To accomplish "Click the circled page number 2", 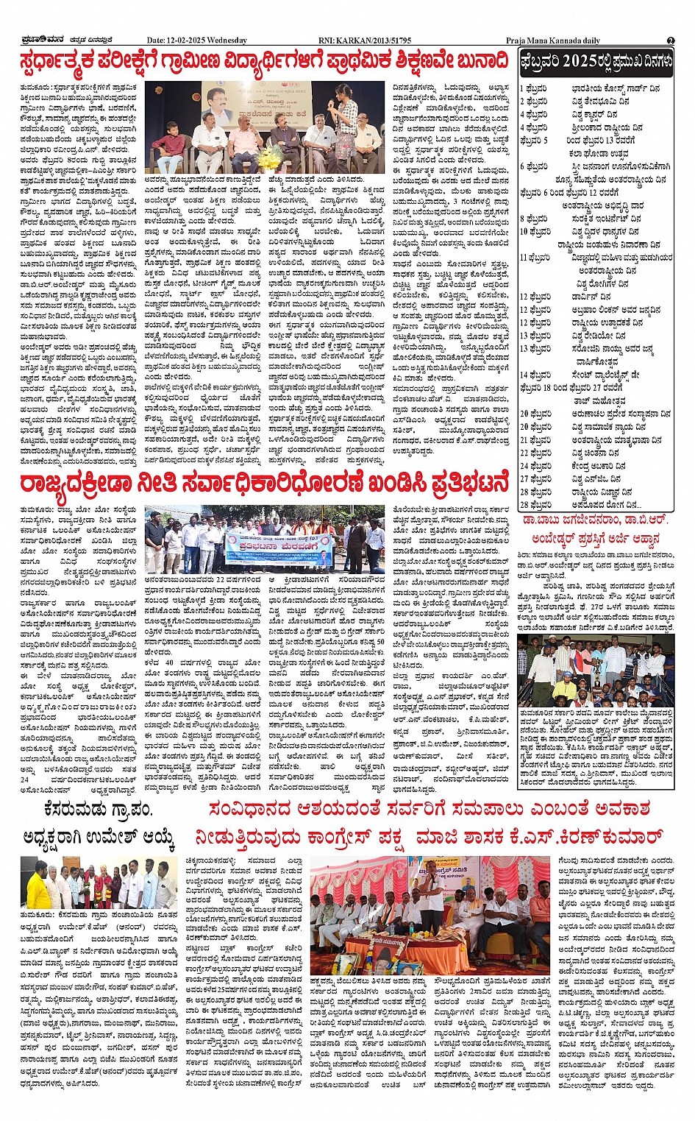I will pyautogui.click(x=671, y=40).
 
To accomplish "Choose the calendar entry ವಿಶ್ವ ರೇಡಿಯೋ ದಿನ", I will pyautogui.click(x=601, y=336).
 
